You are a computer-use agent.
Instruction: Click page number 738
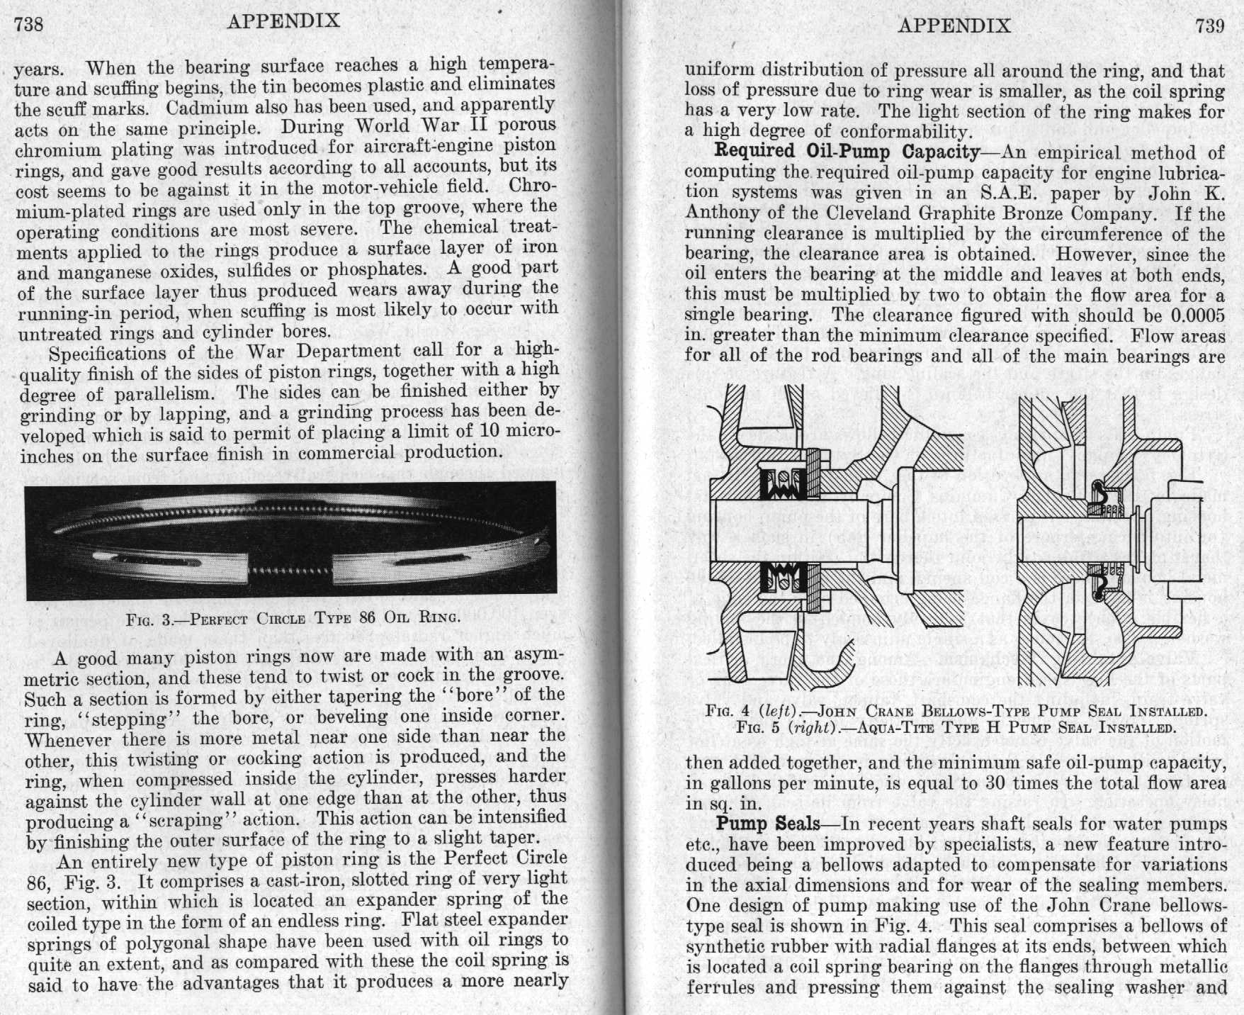29,25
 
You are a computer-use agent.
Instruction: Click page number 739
1210,26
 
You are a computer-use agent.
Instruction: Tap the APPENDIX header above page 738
283,21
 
